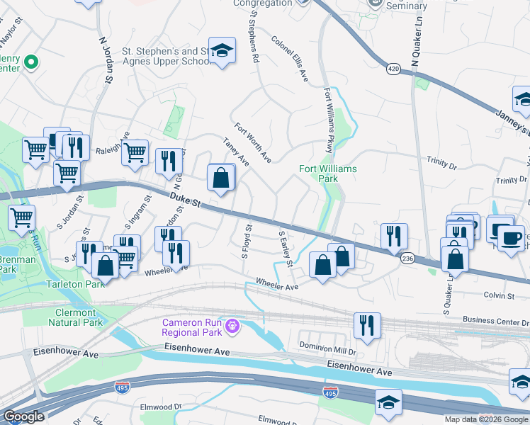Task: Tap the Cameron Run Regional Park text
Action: pos(191,327)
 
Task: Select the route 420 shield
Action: pos(394,69)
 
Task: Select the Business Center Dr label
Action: pos(495,320)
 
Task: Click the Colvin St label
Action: pos(498,295)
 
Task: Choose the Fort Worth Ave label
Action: pos(253,142)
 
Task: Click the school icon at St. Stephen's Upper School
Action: pos(222,50)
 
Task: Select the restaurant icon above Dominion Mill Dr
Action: pos(367,325)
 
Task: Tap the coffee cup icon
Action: pos(511,237)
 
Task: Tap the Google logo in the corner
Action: pos(23,416)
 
